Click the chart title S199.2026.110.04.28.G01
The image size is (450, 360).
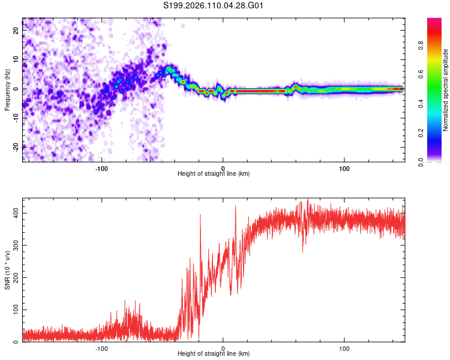214,5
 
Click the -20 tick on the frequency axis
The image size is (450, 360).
16,147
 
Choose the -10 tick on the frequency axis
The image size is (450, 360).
16,118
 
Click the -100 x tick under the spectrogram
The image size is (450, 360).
101,168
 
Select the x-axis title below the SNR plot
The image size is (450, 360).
214,354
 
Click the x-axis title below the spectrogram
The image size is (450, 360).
214,173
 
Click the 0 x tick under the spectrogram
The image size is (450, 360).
223,168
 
